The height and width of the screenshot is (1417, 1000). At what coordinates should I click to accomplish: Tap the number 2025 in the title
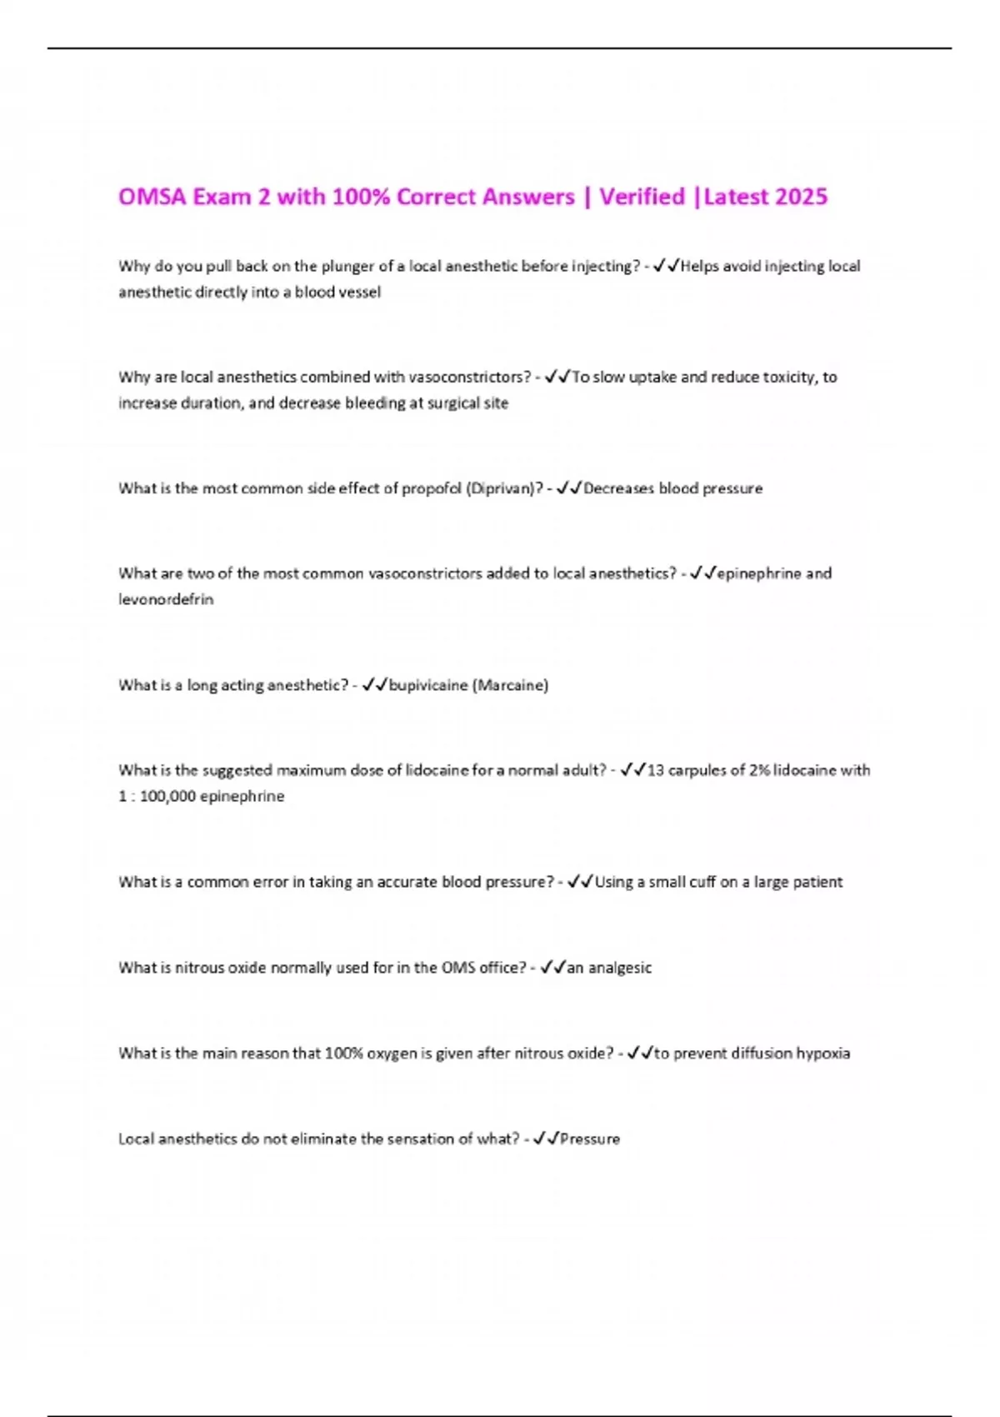click(801, 197)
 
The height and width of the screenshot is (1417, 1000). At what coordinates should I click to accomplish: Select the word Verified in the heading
click(642, 197)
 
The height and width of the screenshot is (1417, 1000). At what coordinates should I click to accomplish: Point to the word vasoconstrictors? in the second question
click(470, 377)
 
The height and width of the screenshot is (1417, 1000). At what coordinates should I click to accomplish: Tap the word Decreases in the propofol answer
click(618, 488)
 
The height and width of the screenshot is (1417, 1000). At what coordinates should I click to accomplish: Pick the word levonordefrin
click(166, 599)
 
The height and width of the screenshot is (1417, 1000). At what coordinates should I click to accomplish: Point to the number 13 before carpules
click(656, 770)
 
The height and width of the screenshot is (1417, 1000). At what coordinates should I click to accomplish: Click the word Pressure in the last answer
click(590, 1139)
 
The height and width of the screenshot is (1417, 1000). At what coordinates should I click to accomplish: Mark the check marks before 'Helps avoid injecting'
click(666, 266)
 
